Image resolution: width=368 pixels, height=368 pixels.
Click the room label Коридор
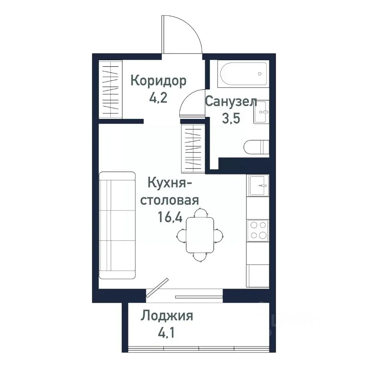coord(158,81)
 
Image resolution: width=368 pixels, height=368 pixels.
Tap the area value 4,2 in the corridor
coord(158,98)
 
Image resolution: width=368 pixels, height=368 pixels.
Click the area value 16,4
coord(170,218)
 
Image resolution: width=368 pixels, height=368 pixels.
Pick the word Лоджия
coord(166,316)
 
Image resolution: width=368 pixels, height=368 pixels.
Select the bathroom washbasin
coord(262,112)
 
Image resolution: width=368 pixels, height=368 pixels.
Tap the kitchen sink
coord(258,185)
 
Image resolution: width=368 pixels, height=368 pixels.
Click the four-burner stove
coord(258,230)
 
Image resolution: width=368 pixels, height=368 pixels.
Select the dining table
coord(200,235)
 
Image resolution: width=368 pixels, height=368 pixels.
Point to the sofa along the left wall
coord(117,225)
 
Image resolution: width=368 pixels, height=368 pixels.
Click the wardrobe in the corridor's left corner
coord(110,89)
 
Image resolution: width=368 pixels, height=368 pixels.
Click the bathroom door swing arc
coord(191,100)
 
